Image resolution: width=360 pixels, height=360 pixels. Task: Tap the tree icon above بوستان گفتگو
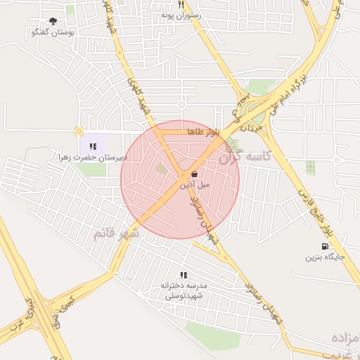point(53,21)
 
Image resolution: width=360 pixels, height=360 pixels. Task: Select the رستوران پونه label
point(181,14)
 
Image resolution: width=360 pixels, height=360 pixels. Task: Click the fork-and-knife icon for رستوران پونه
point(181,4)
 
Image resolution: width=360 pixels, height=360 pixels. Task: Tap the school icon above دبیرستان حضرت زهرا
point(93,146)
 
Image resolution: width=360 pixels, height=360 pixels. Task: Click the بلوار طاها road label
point(204,131)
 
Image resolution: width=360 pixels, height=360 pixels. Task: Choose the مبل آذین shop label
point(193,186)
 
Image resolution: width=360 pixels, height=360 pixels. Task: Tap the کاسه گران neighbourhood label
point(244,157)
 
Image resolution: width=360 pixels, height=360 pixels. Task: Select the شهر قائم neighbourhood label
point(116,233)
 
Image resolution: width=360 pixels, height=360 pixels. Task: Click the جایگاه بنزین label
point(325,257)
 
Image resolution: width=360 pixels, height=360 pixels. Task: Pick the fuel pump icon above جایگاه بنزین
point(324,246)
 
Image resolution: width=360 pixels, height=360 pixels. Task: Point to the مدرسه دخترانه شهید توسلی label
point(184,290)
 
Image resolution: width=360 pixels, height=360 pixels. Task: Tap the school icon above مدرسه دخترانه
point(184,275)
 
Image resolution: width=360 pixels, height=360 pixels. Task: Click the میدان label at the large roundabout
point(251,127)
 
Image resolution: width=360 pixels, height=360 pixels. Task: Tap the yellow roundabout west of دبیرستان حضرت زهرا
point(78,131)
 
